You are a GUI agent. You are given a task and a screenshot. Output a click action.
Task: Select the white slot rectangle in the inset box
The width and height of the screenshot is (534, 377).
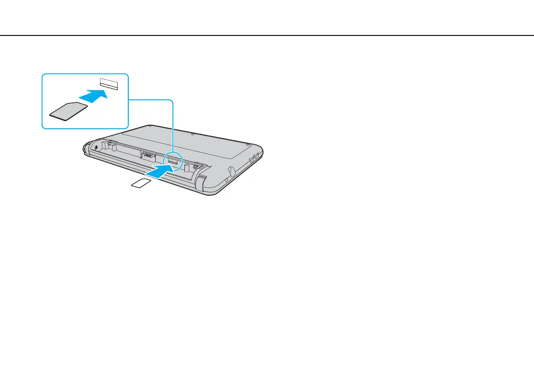[x=109, y=84]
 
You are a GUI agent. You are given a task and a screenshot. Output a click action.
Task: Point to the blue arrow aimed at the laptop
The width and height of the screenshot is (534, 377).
[x=160, y=171]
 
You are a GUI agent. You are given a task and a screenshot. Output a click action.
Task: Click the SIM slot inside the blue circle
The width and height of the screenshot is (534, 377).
[x=173, y=160]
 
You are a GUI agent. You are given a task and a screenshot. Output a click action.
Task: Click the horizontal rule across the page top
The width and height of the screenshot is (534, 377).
[x=267, y=35]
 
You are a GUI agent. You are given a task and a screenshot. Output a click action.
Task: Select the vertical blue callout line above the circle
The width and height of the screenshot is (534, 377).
[x=173, y=126]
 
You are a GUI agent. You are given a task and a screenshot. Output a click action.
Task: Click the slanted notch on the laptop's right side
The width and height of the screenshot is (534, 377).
[x=230, y=171]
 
